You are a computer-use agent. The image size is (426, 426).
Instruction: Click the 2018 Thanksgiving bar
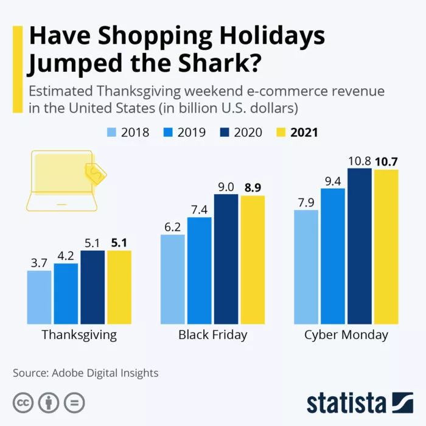(x=40, y=297)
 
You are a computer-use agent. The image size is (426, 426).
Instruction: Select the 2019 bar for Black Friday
(x=200, y=270)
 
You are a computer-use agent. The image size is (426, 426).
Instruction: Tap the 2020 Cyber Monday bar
(x=360, y=246)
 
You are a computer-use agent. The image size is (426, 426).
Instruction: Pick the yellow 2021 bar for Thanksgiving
(x=119, y=287)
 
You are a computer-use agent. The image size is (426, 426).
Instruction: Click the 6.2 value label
(x=173, y=226)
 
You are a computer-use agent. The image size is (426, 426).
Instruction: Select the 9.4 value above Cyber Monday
(x=333, y=180)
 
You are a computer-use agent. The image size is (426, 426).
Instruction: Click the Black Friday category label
(x=212, y=335)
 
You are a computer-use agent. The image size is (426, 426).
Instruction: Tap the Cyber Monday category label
(x=346, y=335)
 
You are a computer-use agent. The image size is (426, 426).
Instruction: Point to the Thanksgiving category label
(x=79, y=335)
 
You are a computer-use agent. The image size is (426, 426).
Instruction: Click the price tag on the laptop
(x=96, y=173)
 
